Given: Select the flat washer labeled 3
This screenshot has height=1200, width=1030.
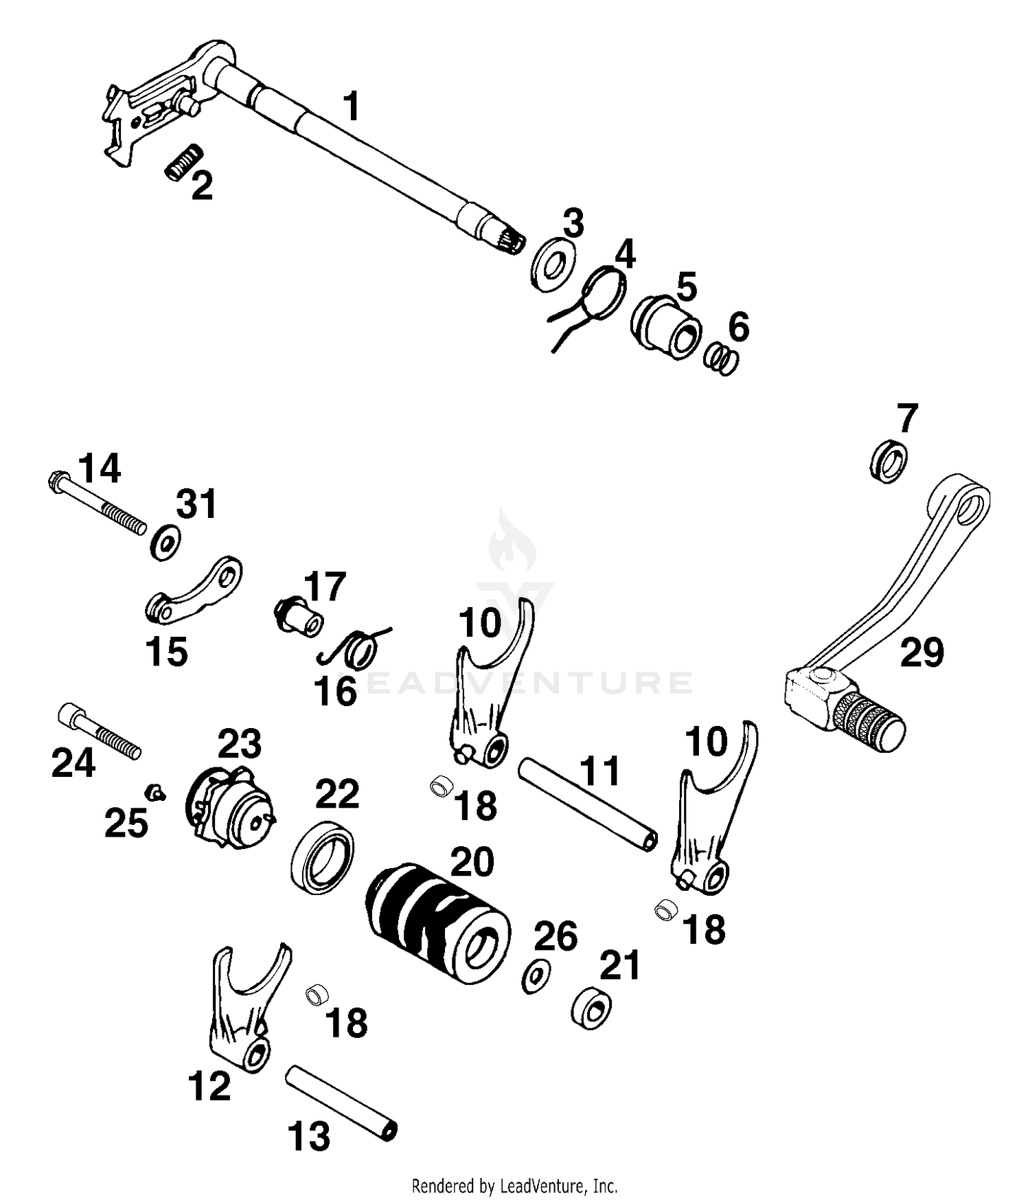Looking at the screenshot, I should pos(553,264).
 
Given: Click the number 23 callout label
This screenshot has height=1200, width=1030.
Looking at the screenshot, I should pos(240,744).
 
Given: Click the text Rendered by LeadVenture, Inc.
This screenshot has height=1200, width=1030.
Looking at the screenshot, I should pos(514,1185).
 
